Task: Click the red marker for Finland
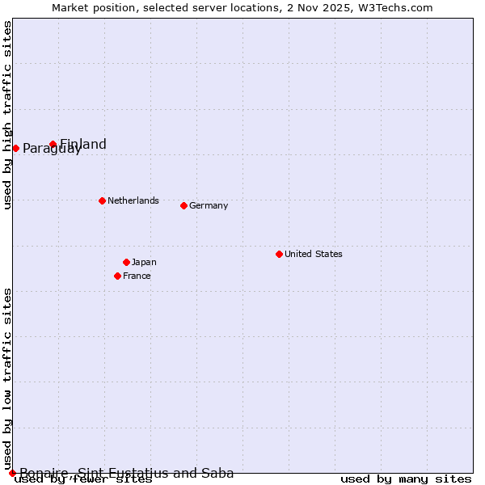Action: (x=53, y=145)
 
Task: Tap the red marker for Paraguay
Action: (x=15, y=148)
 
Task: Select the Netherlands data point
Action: (x=102, y=200)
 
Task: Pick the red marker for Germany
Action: (x=183, y=205)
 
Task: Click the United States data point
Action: (x=279, y=254)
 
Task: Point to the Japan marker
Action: (x=126, y=262)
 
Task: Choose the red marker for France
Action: (x=118, y=276)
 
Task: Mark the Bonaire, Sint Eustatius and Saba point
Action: (x=12, y=473)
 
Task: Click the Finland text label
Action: (x=83, y=145)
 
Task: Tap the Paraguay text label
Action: (x=52, y=149)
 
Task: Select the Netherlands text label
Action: (x=133, y=200)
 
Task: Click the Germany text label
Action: (x=209, y=205)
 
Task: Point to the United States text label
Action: (x=314, y=254)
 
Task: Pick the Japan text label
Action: (x=144, y=262)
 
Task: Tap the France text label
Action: (x=137, y=276)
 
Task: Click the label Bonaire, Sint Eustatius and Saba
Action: (x=127, y=474)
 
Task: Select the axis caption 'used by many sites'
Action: (x=406, y=479)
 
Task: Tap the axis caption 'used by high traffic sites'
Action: (x=7, y=115)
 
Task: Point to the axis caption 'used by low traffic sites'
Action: (x=7, y=378)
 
